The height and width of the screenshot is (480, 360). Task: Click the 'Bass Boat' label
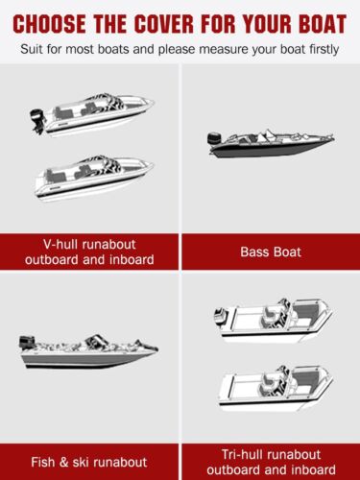pyautogui.click(x=272, y=252)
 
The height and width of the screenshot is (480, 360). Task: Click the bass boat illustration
pyautogui.click(x=272, y=142)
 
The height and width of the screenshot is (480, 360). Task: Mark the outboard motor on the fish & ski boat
pyautogui.click(x=26, y=344)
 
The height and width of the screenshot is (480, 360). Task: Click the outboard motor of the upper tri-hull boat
pyautogui.click(x=220, y=317)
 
